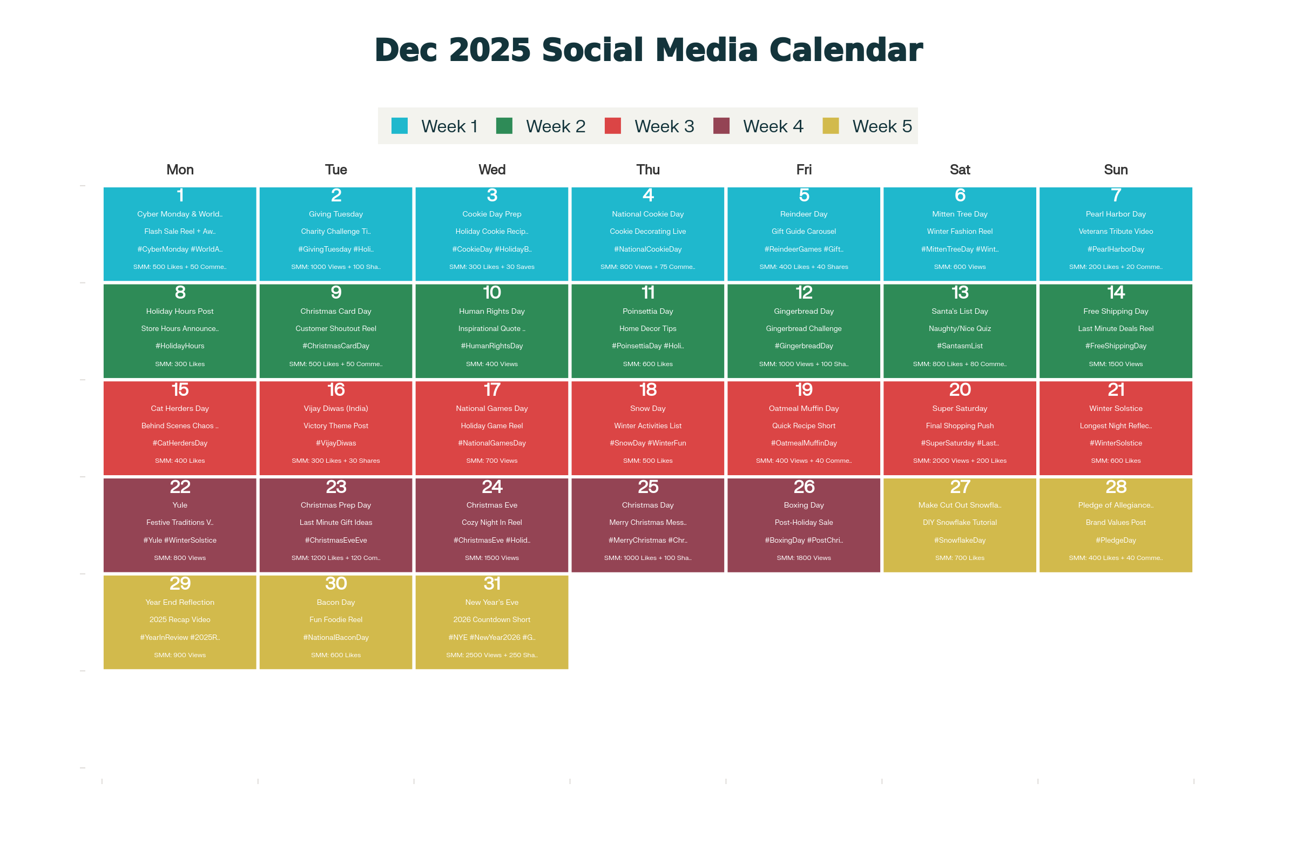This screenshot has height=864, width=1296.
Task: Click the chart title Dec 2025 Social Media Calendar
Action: click(x=648, y=50)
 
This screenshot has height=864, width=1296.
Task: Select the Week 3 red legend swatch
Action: click(x=613, y=126)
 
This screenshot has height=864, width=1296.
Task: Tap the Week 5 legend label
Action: click(x=882, y=126)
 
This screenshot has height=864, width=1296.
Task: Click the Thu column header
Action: click(x=648, y=170)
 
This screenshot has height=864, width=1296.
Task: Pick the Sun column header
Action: click(x=1116, y=170)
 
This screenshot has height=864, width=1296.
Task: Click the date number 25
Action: click(x=648, y=487)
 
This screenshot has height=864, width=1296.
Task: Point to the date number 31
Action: click(x=491, y=584)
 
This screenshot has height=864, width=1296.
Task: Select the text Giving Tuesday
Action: click(x=335, y=214)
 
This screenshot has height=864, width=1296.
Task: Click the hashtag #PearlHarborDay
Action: click(x=1116, y=249)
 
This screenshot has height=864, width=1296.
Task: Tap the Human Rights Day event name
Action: click(x=491, y=312)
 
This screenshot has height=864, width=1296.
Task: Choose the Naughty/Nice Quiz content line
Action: click(x=960, y=328)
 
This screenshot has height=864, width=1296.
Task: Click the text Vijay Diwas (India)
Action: click(x=335, y=408)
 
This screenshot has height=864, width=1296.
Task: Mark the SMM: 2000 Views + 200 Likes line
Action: click(x=960, y=461)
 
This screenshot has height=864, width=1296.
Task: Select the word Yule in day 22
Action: click(x=180, y=505)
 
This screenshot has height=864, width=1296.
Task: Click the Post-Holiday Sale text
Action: click(x=804, y=522)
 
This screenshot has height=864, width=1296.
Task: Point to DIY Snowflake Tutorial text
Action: click(x=960, y=522)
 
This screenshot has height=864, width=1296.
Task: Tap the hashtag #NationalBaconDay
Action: click(x=335, y=637)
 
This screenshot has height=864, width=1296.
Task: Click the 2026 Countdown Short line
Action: click(x=491, y=619)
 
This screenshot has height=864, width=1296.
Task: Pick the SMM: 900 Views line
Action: click(x=180, y=654)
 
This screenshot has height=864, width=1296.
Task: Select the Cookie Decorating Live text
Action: click(x=648, y=232)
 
